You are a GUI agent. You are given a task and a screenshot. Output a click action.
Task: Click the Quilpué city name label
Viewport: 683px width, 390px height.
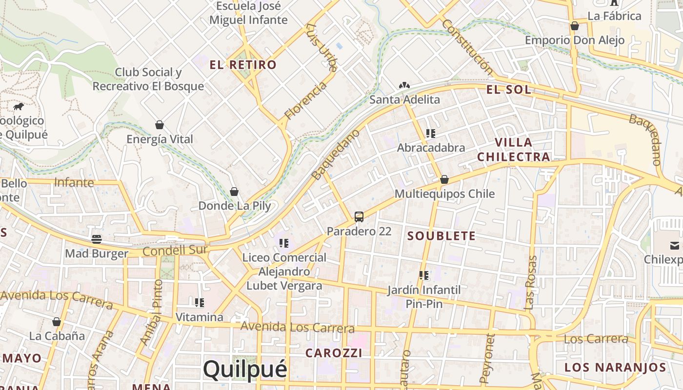coord(245,370)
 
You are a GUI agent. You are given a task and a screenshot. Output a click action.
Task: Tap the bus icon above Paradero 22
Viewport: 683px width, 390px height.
coord(359,216)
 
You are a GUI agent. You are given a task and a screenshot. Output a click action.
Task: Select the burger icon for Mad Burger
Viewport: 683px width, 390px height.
coord(97,239)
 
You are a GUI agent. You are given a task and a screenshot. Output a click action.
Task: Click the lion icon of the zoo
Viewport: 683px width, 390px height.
coord(18,106)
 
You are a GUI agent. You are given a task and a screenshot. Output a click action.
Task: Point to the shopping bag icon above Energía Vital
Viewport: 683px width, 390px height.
coord(159,125)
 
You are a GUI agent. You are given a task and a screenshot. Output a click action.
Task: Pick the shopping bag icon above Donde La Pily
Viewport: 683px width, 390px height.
coord(234,192)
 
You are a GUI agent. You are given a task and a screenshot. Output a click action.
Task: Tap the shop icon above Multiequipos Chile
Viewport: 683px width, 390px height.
coord(444,179)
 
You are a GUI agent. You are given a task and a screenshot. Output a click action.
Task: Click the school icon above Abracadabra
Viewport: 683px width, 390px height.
coord(430,133)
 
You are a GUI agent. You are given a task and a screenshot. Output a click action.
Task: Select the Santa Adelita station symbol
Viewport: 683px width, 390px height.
coord(404,86)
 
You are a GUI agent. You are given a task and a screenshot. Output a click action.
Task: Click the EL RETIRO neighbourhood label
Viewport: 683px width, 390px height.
coord(243,65)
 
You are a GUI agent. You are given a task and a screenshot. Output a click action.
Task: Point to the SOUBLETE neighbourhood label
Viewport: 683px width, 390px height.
coord(442,236)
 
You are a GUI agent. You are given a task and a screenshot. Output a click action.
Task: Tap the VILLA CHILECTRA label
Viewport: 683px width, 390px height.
coord(514,150)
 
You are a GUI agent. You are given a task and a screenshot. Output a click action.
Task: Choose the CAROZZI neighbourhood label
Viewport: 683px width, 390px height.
coord(334,353)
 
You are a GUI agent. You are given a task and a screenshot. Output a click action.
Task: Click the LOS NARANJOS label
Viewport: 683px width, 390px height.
coord(615,368)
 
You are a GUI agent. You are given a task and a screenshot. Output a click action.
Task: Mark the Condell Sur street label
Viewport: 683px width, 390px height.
coord(176,251)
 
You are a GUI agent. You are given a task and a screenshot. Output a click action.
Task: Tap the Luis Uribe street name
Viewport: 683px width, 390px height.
coord(321,46)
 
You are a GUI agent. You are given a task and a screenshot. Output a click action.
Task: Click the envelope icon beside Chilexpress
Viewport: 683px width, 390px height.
coord(675,245)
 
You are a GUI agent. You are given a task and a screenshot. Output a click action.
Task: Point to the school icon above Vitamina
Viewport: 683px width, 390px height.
coord(199,303)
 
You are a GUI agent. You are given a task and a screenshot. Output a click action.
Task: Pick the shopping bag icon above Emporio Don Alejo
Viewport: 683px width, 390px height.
coord(575,26)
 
